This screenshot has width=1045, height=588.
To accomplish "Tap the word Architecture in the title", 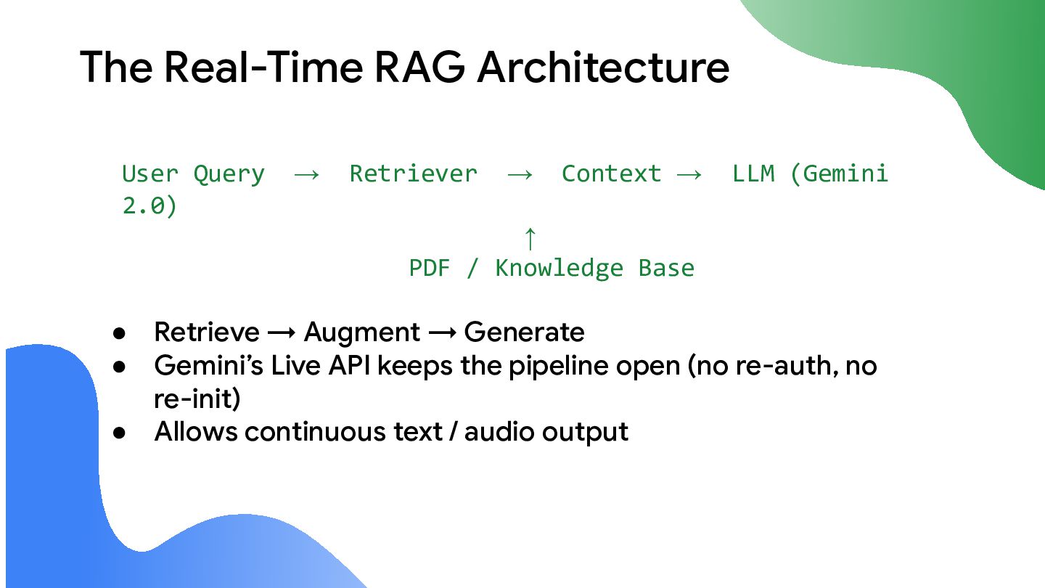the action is tap(603, 68).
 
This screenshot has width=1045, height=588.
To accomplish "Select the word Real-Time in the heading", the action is tap(263, 68).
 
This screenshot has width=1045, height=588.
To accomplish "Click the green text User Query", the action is tap(193, 174).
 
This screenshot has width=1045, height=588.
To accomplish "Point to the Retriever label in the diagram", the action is tap(414, 173).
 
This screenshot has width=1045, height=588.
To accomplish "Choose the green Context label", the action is tap(611, 173).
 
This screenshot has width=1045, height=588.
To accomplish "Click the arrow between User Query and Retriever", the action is tap(307, 175).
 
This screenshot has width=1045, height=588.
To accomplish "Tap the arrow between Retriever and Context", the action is tap(520, 175).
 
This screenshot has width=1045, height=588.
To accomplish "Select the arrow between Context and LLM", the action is tap(689, 175).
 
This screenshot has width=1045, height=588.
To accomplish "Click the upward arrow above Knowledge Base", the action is tap(530, 238).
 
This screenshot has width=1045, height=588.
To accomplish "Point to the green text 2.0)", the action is tap(149, 206).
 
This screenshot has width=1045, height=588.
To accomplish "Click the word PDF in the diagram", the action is tap(429, 269).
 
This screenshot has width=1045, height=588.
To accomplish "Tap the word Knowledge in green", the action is tap(559, 269).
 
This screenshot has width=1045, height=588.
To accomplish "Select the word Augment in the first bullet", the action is tap(362, 332).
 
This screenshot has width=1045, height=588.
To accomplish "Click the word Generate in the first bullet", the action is tap(524, 332).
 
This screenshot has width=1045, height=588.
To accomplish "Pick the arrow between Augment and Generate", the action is tap(442, 332).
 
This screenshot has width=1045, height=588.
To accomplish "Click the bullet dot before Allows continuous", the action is tap(120, 433).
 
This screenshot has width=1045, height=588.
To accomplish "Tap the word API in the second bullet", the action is tap(349, 365).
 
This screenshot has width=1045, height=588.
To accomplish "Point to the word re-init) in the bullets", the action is tap(197, 399).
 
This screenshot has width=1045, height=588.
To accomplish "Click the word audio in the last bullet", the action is tap(499, 431).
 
